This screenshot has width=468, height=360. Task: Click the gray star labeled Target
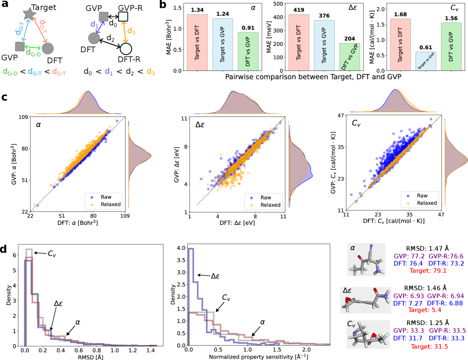pyautogui.click(x=28, y=14)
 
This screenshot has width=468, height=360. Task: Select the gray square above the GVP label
pyautogui.click(x=20, y=46)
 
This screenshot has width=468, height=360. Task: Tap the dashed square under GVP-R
pyautogui.click(x=123, y=17)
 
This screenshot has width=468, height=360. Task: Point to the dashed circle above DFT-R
pyautogui.click(x=126, y=48)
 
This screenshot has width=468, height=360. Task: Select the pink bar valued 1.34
pyautogui.click(x=197, y=42)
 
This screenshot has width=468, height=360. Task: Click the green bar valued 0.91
pyautogui.click(x=248, y=51)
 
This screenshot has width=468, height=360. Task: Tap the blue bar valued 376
pyautogui.click(x=324, y=45)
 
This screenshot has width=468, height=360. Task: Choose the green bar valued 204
pyautogui.click(x=350, y=57)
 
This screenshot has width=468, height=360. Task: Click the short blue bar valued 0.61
pyautogui.click(x=425, y=61)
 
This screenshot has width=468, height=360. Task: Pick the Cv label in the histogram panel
pyautogui.click(x=226, y=298)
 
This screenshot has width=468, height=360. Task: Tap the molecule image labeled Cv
pyautogui.click(x=368, y=334)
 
